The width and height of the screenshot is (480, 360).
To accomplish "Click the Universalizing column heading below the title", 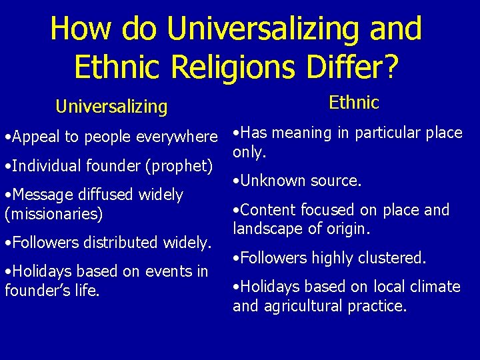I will tap(111, 106).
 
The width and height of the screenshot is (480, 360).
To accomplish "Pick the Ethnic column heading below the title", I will tap(353, 103).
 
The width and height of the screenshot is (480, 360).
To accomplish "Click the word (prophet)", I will tap(182, 165).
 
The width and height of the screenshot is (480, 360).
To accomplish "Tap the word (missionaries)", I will tap(53, 215).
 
